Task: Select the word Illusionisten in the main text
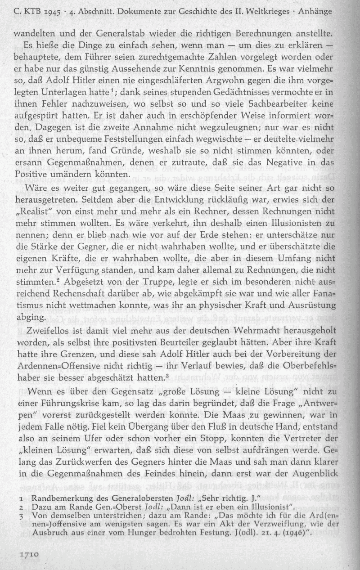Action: coord(306,233)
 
